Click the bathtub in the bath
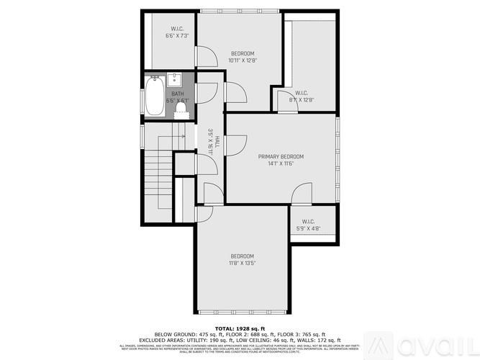[x=155, y=97]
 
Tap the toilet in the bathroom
[x=181, y=108]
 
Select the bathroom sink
[x=175, y=79]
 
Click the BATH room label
[x=178, y=94]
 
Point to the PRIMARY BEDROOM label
[x=281, y=156]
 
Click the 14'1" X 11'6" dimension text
[x=281, y=164]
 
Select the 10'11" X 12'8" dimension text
[x=243, y=60]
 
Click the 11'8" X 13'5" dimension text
[x=243, y=264]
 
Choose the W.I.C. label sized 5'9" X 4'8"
[x=309, y=222]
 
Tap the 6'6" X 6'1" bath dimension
[x=178, y=101]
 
